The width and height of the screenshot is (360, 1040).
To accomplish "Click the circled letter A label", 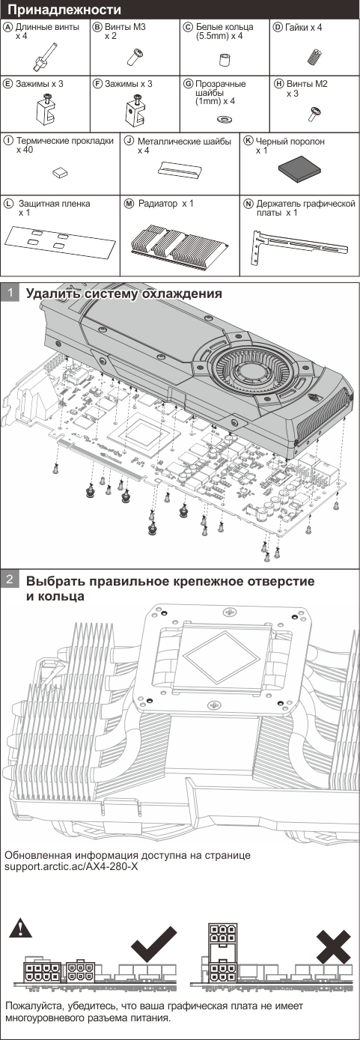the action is [x=7, y=27].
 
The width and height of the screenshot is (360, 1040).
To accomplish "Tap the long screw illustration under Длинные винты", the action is [x=45, y=57].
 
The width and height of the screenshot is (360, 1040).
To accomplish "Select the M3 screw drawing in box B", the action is [x=135, y=57].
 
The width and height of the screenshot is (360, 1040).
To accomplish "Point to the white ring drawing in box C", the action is [x=225, y=59].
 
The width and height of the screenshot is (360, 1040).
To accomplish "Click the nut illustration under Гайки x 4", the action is [x=314, y=57].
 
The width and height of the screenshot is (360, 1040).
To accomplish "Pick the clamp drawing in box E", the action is [x=46, y=108].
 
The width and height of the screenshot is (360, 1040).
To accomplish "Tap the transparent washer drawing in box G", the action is [x=225, y=119].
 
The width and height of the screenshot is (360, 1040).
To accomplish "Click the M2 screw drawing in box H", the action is [x=314, y=112].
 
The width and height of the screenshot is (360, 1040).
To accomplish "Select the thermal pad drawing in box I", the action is [x=60, y=172].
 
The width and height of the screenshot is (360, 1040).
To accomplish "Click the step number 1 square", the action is [x=10, y=293].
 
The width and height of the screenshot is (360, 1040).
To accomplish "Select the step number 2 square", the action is [x=10, y=580].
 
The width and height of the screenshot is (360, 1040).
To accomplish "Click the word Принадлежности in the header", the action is [x=64, y=9].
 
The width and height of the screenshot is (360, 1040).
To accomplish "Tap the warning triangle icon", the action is [x=21, y=927].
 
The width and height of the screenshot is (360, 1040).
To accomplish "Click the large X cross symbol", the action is [x=333, y=946].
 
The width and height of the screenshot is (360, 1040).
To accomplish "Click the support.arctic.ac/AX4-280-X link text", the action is [x=71, y=866].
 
